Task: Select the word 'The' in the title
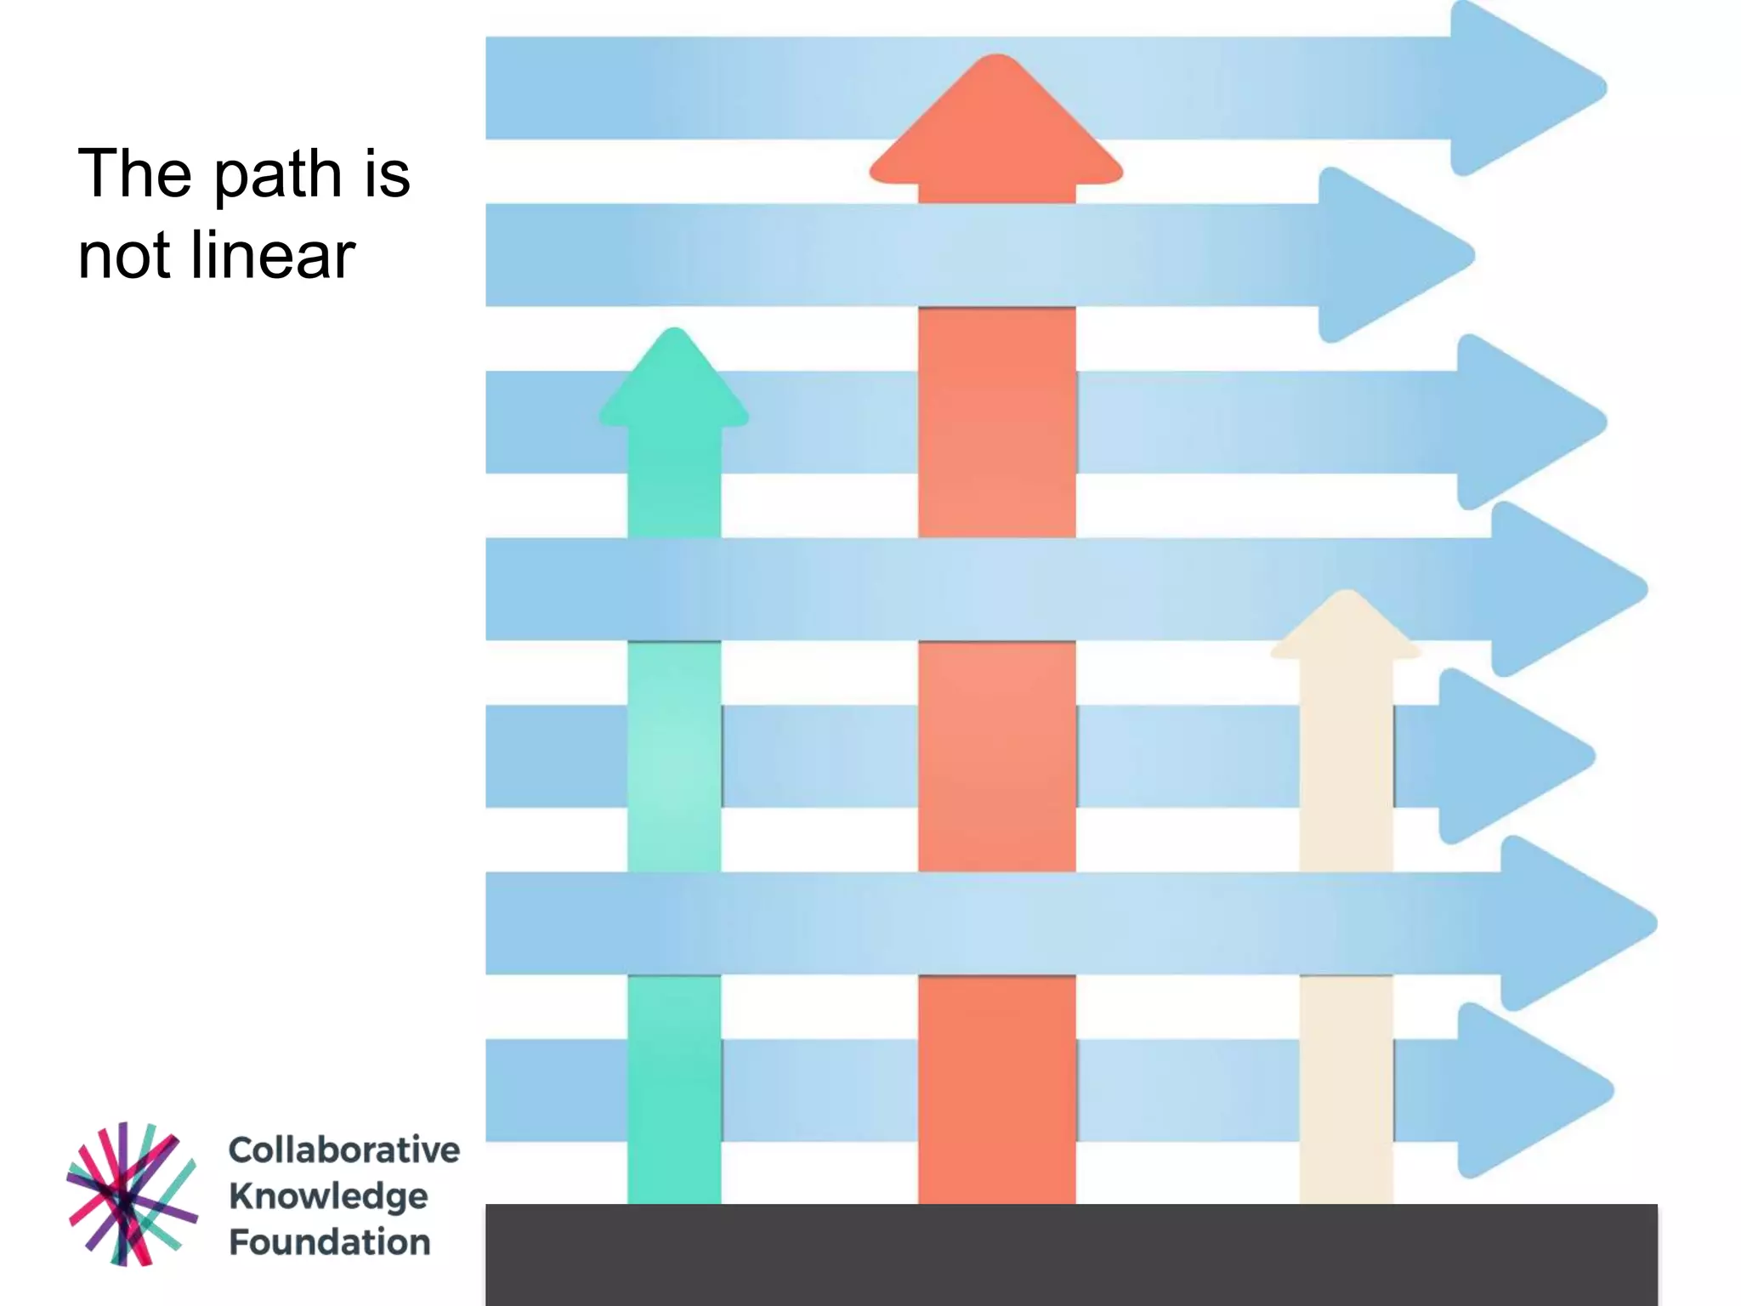pyautogui.click(x=134, y=174)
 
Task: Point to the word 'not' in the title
pyautogui.click(x=124, y=258)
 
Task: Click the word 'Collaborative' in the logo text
pyautogui.click(x=343, y=1150)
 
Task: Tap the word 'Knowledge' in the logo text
pyautogui.click(x=328, y=1196)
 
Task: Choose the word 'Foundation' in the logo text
pyautogui.click(x=330, y=1242)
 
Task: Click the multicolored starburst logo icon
pyautogui.click(x=132, y=1194)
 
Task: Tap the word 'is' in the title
pyautogui.click(x=388, y=174)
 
